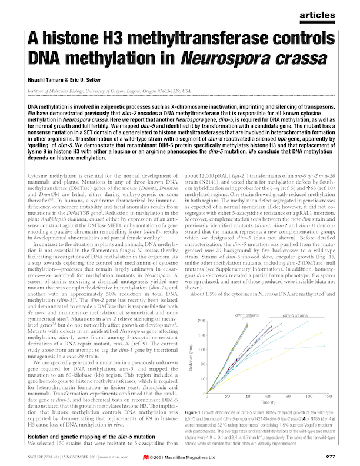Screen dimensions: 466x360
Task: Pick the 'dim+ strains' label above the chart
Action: click(x=238, y=316)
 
